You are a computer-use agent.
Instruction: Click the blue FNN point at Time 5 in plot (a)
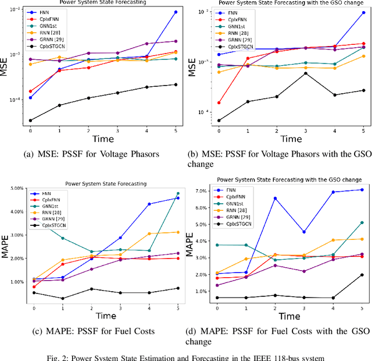(x=176, y=12)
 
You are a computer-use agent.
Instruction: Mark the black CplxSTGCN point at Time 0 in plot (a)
(x=30, y=121)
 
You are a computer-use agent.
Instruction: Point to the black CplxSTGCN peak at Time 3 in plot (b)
(x=306, y=73)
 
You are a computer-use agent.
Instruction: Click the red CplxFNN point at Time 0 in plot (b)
(x=219, y=102)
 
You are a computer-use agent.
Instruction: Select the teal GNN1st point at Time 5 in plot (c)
(x=178, y=193)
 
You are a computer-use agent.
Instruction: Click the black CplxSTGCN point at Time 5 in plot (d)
(x=363, y=275)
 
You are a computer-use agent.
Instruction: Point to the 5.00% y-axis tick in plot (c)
(x=13, y=188)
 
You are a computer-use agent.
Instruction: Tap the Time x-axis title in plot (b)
(x=291, y=139)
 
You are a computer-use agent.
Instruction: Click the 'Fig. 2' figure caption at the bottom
(x=186, y=356)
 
